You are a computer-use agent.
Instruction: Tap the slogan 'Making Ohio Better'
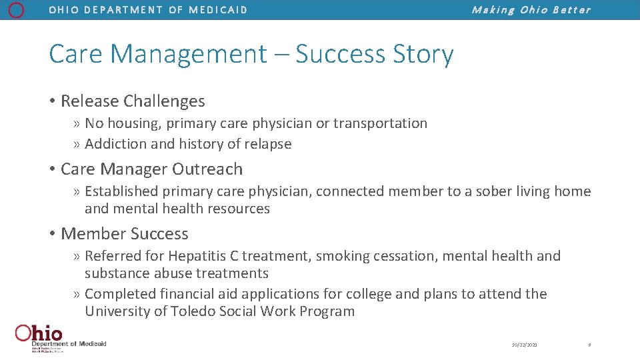click(x=531, y=10)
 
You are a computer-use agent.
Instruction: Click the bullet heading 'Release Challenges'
click(x=133, y=101)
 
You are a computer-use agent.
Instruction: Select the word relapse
click(x=267, y=144)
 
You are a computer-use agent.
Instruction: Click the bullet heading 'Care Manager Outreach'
click(x=151, y=169)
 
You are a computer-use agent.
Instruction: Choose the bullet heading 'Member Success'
click(x=125, y=234)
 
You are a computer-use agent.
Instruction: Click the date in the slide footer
click(x=525, y=345)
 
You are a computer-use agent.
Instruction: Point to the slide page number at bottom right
click(x=589, y=345)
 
